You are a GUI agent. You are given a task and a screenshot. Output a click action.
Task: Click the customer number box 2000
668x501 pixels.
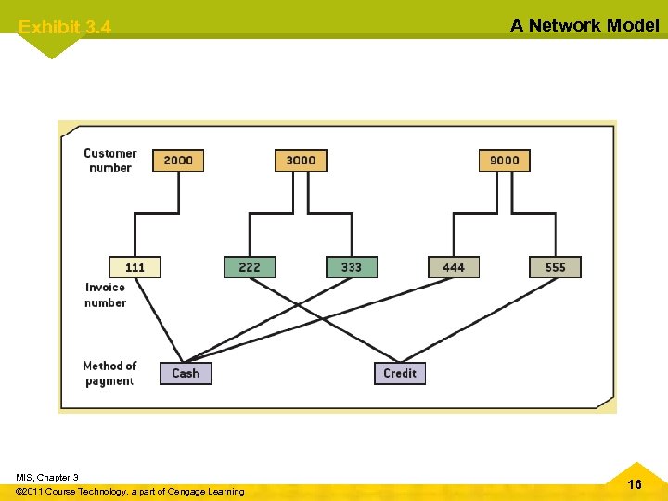click(178, 160)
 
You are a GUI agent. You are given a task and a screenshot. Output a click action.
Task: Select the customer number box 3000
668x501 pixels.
click(301, 160)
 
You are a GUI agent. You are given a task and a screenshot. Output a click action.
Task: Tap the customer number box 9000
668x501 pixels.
click(504, 160)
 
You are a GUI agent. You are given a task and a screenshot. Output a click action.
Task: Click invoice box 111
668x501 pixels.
click(135, 267)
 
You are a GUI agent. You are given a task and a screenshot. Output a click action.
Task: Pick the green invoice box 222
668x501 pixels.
click(250, 267)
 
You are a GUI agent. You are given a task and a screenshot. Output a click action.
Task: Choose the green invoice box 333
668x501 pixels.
click(352, 267)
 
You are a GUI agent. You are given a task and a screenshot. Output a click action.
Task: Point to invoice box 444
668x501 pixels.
click(454, 267)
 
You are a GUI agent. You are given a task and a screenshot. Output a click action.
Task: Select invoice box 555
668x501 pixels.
click(555, 267)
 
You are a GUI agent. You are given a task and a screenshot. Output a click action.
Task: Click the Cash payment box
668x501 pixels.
click(186, 373)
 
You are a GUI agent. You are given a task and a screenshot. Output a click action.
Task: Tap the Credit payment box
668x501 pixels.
click(400, 373)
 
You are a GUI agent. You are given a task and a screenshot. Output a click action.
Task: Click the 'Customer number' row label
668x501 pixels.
click(109, 161)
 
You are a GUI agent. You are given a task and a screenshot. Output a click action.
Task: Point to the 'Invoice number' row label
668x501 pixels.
click(105, 295)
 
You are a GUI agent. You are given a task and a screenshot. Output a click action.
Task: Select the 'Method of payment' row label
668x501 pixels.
click(109, 373)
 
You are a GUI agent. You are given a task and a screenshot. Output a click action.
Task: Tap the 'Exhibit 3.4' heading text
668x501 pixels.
click(65, 28)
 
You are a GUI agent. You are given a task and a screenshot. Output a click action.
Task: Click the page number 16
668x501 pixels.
click(635, 484)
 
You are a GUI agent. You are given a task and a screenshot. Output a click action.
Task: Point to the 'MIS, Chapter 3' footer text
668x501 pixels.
click(47, 477)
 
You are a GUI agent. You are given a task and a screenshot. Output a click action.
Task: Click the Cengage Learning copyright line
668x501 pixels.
click(131, 491)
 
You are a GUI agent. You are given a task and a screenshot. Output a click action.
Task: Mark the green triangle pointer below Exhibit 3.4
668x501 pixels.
click(48, 46)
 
